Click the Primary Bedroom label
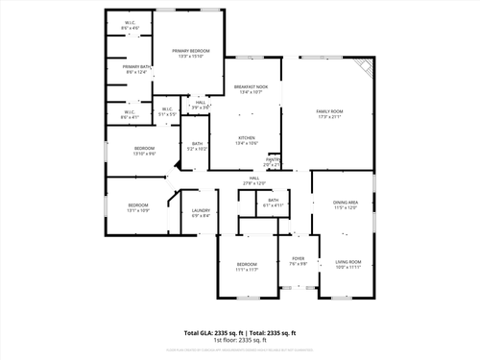(191, 50)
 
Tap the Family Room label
(329, 111)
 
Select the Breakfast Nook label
(251, 87)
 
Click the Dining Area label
(346, 202)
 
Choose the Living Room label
(348, 261)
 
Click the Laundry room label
(201, 210)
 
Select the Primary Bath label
(135, 66)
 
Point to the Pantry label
(273, 159)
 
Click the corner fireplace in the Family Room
(363, 67)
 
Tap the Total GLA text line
(240, 332)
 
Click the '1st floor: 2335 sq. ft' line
(240, 340)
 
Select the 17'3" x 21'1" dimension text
(329, 117)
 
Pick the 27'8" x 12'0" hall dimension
(254, 183)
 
